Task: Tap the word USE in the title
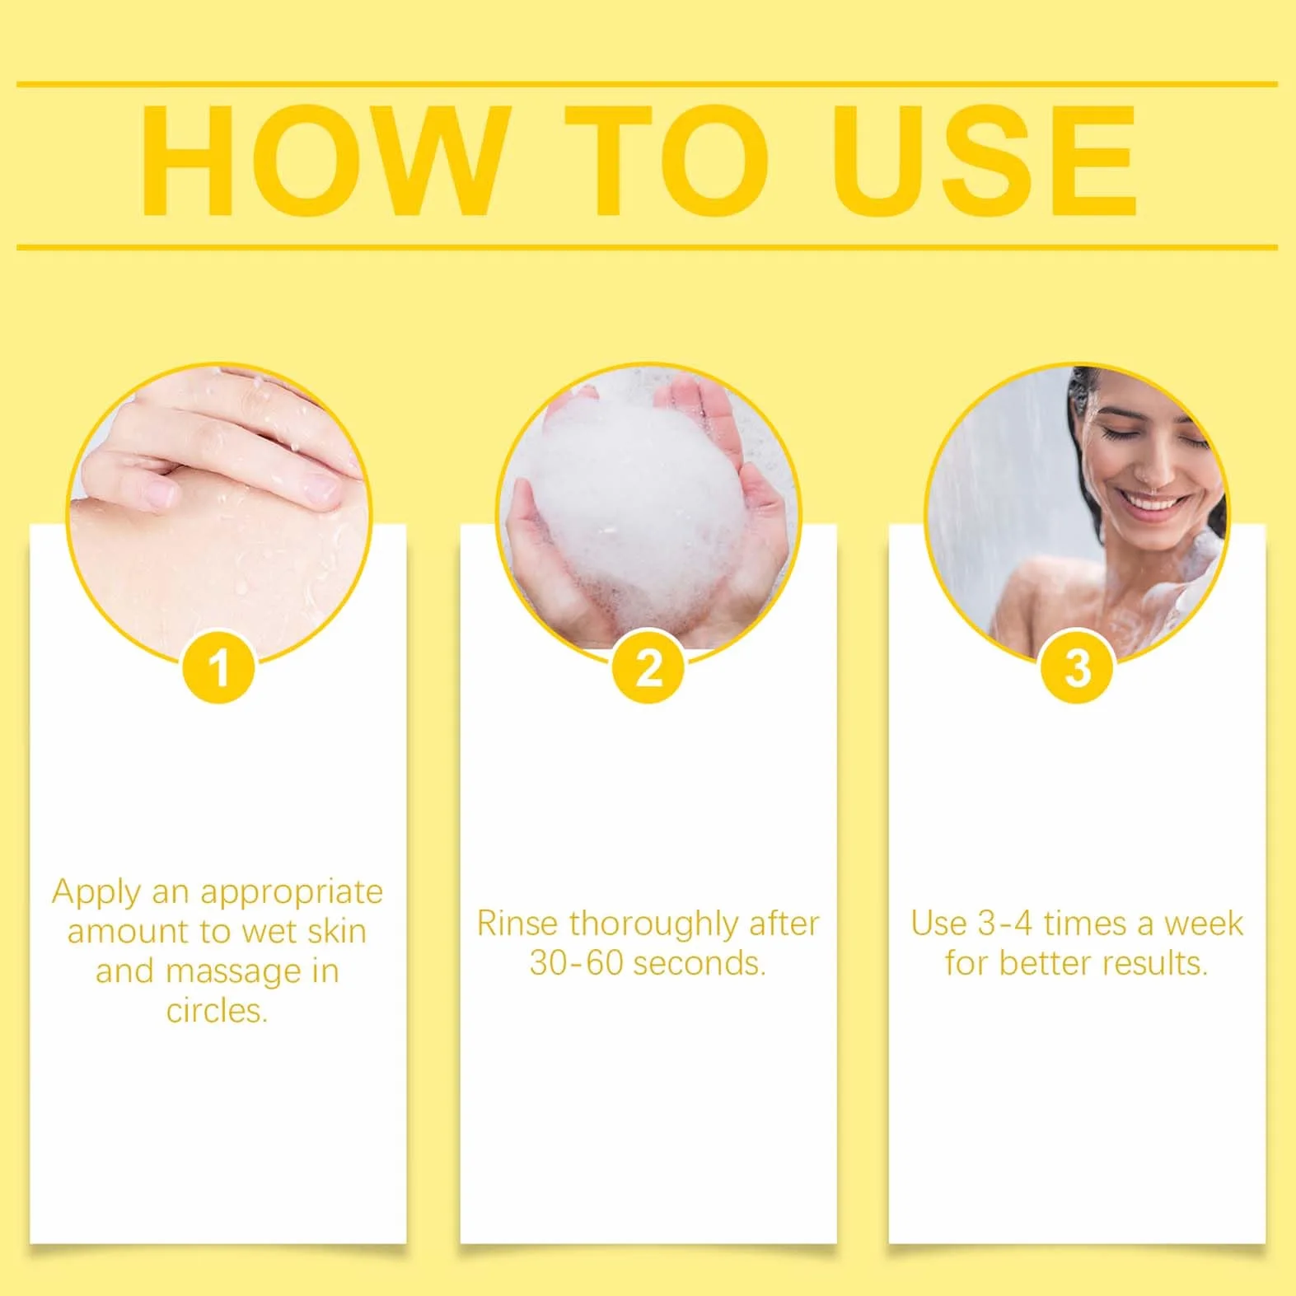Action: (x=985, y=161)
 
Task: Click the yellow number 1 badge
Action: (x=218, y=667)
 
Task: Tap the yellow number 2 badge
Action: (x=648, y=667)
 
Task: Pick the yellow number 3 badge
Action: (x=1078, y=667)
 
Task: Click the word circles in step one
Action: (x=217, y=1011)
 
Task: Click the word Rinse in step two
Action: (x=519, y=924)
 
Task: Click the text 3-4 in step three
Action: (x=1005, y=924)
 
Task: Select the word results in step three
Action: (x=1157, y=963)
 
